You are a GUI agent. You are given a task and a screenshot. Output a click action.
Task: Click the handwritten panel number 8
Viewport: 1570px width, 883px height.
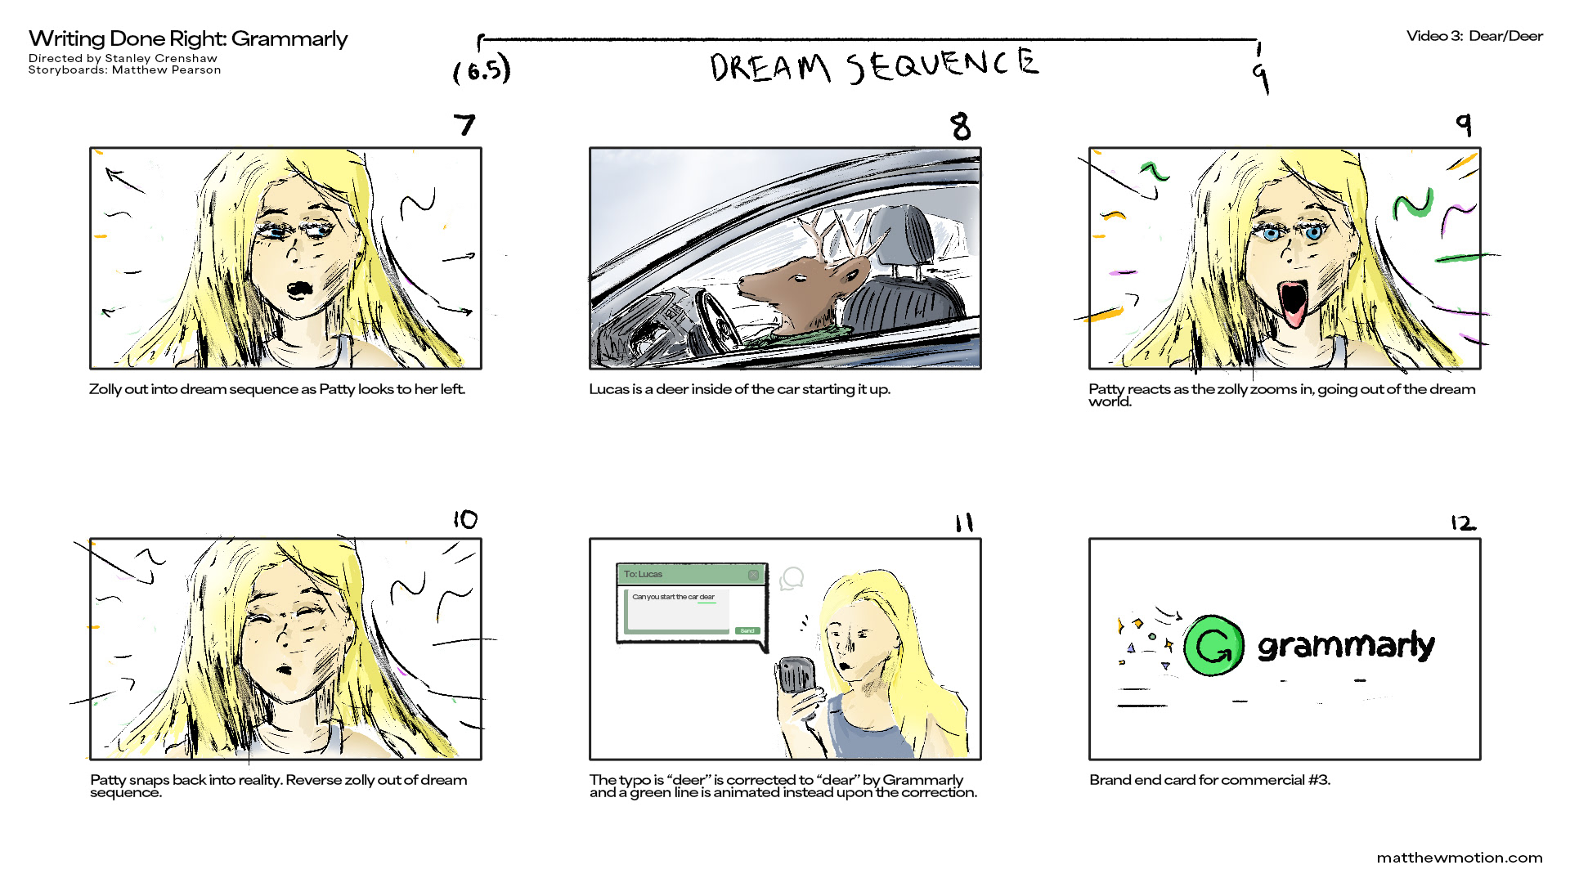coord(961,126)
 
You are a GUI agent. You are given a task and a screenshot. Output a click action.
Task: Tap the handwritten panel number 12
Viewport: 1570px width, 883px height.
coord(1463,522)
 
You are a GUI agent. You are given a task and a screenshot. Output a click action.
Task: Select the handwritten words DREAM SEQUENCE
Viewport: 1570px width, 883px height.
coord(874,65)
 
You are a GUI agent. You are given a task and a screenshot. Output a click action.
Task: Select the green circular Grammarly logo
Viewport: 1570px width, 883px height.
coord(1214,646)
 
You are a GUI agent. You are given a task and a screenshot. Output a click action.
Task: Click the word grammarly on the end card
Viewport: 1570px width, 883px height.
coord(1346,646)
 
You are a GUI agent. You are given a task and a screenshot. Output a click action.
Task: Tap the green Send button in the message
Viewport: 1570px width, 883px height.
coord(747,630)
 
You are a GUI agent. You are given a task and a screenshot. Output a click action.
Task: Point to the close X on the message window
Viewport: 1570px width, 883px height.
coord(753,575)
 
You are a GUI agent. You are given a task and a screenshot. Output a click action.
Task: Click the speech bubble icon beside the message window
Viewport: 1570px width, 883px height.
coord(792,579)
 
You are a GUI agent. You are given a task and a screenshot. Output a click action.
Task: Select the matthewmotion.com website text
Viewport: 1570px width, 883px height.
coord(1460,858)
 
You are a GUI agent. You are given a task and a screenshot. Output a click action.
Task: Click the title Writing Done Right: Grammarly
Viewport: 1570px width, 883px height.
coord(188,39)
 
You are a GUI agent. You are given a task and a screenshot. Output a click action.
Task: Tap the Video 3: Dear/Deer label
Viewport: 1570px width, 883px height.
coord(1474,36)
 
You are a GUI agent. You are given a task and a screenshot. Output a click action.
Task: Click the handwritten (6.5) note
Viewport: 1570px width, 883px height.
coord(482,69)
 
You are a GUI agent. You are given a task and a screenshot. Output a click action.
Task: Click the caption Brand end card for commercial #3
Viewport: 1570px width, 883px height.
coord(1209,780)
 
